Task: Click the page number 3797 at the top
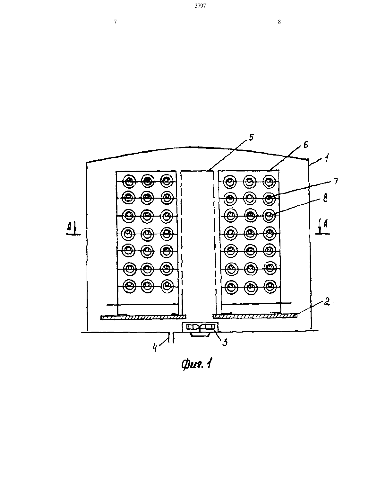point(200,6)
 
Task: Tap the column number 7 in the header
point(115,22)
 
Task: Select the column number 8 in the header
point(279,22)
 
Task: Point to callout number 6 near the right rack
point(305,145)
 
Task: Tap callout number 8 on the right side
point(325,198)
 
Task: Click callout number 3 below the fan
point(225,343)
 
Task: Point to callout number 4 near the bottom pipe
point(155,348)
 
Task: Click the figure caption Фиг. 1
point(196,364)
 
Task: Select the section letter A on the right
point(325,223)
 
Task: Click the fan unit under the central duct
point(200,327)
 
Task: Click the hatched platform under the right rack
point(255,317)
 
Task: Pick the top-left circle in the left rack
point(129,181)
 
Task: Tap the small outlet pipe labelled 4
point(171,337)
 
